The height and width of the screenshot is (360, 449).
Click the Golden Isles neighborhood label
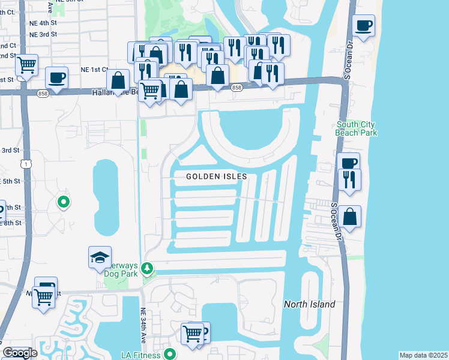point(217,176)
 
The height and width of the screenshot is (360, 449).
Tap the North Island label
point(309,304)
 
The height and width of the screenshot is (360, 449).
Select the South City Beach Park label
point(357,128)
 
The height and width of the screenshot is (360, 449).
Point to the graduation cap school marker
point(100,258)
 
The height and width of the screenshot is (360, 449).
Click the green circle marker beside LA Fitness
point(170,355)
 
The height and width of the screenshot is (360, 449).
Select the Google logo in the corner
point(20,353)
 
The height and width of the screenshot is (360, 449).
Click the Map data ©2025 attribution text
point(423,355)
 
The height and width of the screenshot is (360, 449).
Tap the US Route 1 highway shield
point(25,163)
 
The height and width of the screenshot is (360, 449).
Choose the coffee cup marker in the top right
point(363,26)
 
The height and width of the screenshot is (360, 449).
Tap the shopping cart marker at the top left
point(26,64)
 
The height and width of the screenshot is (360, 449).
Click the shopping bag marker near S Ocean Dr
point(349,217)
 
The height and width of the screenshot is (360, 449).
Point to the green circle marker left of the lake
point(64,202)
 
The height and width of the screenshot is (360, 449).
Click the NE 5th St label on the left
point(10,181)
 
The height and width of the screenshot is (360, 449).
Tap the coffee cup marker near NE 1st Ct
point(56,78)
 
